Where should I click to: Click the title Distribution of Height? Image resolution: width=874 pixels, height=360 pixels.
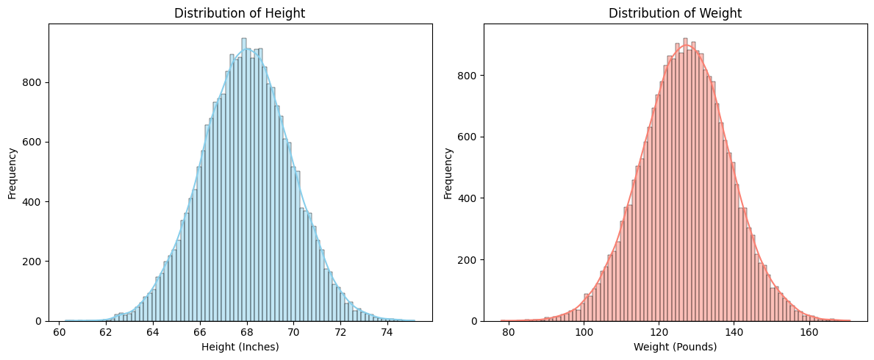point(240,12)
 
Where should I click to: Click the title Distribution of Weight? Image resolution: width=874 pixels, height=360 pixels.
point(676,12)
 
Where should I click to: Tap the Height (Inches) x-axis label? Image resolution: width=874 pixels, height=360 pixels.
point(240,347)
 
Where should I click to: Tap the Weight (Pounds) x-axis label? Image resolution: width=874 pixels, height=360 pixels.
point(676,347)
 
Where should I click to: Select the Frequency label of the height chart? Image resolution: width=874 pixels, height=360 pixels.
point(12,173)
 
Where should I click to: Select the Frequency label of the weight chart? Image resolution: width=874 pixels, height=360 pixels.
point(448,173)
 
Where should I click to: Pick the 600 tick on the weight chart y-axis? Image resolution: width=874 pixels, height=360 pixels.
point(469,137)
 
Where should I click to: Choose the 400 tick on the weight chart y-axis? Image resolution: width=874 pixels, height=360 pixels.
point(469,198)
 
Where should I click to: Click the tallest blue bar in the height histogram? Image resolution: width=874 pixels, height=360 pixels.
point(244,180)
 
